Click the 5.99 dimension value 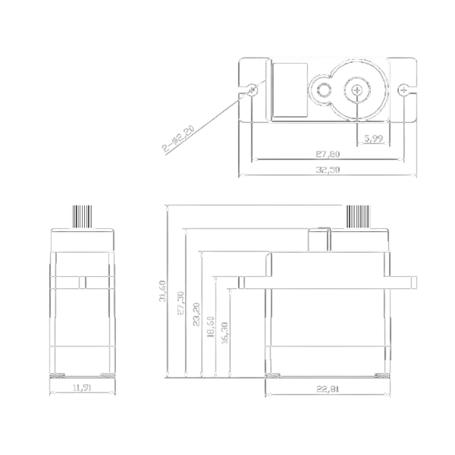(372, 138)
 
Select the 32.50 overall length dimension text (328, 170)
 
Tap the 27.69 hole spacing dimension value (328, 154)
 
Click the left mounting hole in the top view (252, 90)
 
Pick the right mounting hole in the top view (402, 90)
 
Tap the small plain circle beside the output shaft (324, 91)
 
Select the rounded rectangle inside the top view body (288, 90)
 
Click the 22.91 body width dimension (328, 390)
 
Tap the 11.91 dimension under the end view (82, 388)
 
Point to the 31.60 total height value (162, 292)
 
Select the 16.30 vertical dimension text (224, 331)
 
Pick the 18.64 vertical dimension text (211, 327)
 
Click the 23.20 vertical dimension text (196, 314)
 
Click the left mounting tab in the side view (253, 281)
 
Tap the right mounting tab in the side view (405, 281)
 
